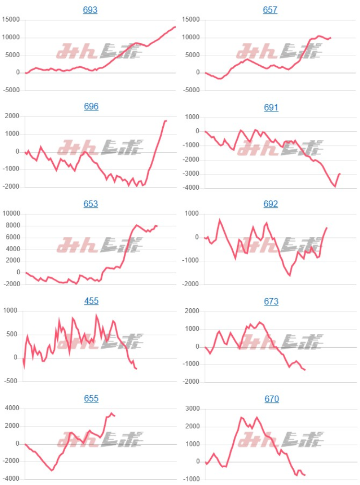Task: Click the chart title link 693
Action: click(90, 10)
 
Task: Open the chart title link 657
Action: click(270, 10)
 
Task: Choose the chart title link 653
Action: click(91, 204)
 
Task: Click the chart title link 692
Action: click(271, 204)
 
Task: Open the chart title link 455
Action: click(91, 301)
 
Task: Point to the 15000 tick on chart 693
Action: click(11, 20)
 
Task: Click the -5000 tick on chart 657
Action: click(191, 90)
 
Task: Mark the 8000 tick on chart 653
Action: click(12, 226)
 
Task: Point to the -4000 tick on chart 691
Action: click(191, 188)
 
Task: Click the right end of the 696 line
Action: click(166, 121)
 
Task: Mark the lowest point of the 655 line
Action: click(52, 471)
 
